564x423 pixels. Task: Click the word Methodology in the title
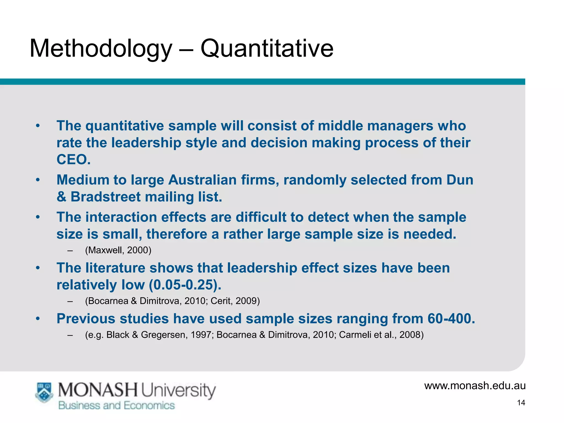(101, 48)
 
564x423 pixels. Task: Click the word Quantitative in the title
(267, 48)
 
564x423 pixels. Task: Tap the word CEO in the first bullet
(74, 159)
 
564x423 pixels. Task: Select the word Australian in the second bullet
(202, 180)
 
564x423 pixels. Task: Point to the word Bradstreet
(105, 197)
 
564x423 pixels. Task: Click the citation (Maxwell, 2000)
(118, 250)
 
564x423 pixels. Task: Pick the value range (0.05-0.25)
(185, 285)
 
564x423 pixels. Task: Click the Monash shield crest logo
(44, 392)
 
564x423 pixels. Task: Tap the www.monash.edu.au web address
(475, 386)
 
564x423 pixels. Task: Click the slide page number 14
(521, 403)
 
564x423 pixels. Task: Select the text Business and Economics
(116, 406)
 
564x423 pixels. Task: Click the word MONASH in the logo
(97, 390)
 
